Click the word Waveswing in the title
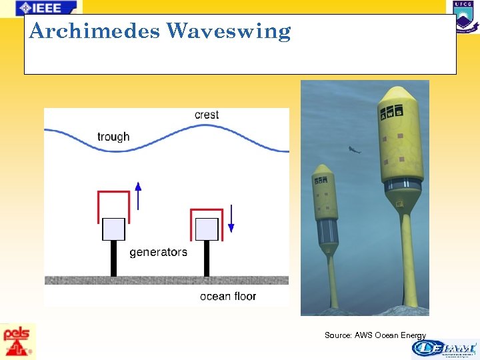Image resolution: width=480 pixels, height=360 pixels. [x=229, y=31]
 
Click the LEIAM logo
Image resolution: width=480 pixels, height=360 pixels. [x=443, y=349]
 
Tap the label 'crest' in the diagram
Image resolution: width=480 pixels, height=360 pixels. [x=207, y=115]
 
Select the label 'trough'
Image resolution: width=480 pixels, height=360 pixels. [x=113, y=137]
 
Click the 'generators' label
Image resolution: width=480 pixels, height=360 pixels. [x=158, y=252]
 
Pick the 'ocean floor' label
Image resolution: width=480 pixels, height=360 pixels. [x=227, y=296]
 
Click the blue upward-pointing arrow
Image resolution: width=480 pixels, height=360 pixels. [x=139, y=195]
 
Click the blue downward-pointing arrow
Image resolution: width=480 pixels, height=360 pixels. [x=231, y=218]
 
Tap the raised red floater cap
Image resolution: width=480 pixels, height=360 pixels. [x=113, y=195]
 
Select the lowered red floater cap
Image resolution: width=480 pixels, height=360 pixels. [x=206, y=213]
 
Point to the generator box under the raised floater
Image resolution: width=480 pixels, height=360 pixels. [x=113, y=229]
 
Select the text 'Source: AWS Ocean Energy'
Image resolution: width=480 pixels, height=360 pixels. [x=375, y=335]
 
